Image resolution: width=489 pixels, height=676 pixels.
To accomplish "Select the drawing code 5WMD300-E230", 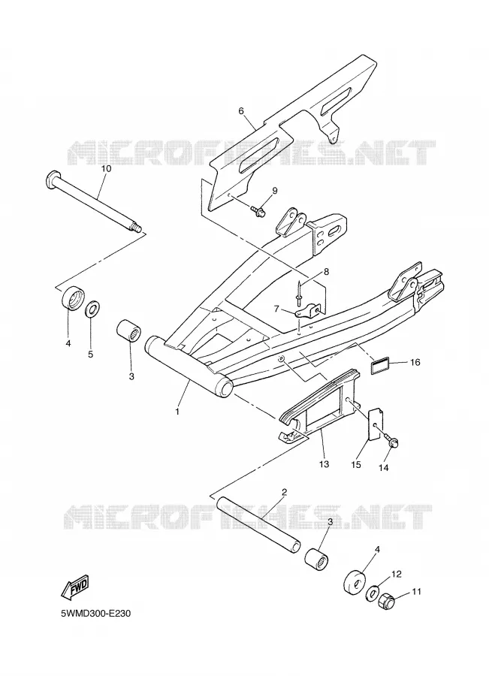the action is [95, 614].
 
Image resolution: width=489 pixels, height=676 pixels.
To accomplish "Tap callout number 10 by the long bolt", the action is [106, 168].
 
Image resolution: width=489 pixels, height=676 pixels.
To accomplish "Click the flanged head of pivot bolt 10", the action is [52, 177].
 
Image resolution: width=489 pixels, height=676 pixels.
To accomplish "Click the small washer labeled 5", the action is [91, 309].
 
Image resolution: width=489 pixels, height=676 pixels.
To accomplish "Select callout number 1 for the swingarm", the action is [177, 412].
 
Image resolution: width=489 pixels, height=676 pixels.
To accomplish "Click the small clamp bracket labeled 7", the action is [308, 310].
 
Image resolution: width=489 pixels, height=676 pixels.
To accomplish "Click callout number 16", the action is [415, 362].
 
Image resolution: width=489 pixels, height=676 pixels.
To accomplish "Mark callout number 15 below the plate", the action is [356, 465].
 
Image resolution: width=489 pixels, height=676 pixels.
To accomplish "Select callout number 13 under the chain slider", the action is [324, 464].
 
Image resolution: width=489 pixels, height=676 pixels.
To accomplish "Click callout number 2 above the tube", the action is [284, 492].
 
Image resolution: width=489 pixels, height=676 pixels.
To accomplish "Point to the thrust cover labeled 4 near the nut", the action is [354, 584].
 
